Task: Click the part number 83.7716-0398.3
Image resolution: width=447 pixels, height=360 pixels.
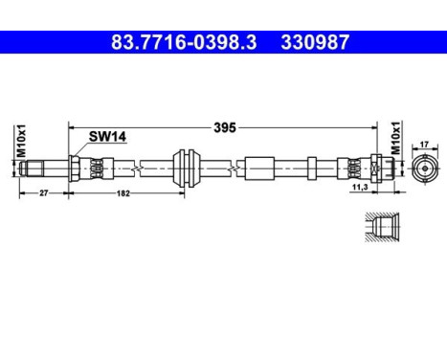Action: coord(184,42)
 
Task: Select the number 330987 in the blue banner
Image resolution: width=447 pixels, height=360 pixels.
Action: coord(315,42)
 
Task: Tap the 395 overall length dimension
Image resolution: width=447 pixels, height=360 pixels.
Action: coord(225,127)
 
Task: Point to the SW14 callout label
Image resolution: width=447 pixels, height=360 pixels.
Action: coord(107,137)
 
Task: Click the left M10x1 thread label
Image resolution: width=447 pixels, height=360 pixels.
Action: coord(21,141)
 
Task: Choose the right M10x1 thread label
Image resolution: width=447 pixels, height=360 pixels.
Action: coord(395,138)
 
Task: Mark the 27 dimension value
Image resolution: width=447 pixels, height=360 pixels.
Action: coord(43,192)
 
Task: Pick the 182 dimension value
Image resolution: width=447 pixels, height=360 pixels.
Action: coord(123,193)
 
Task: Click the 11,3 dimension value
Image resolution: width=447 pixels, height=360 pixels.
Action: coord(360,188)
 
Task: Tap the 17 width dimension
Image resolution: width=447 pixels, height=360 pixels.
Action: coord(424,145)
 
